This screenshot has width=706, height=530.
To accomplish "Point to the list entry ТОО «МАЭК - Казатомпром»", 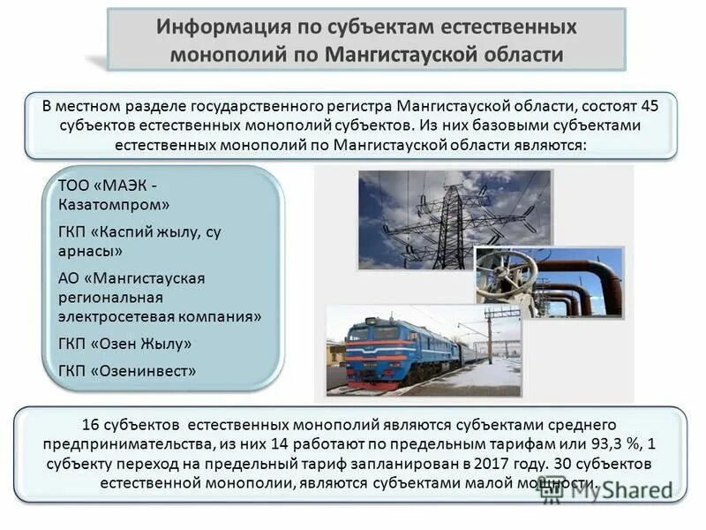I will [114, 195].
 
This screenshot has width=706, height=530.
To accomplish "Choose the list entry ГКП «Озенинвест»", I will [126, 371].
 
